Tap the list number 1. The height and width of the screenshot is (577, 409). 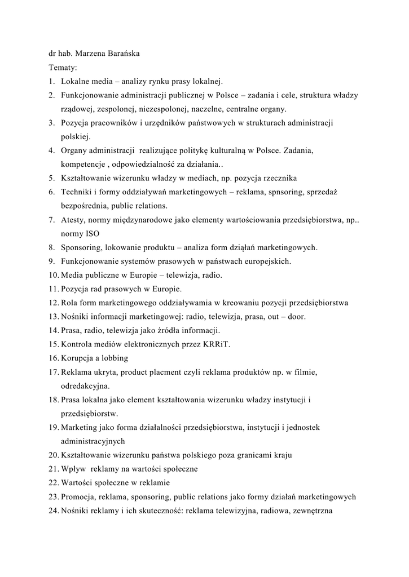51,82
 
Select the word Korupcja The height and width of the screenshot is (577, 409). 79,358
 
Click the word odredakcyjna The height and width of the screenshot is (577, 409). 85,386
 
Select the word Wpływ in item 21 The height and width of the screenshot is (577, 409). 73,469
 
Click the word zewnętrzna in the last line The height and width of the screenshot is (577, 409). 312,510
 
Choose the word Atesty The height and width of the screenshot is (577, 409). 73,220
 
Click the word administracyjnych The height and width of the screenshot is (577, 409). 93,441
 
